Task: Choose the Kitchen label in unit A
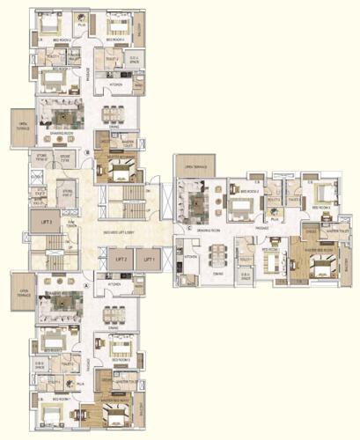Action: tap(114, 285)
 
